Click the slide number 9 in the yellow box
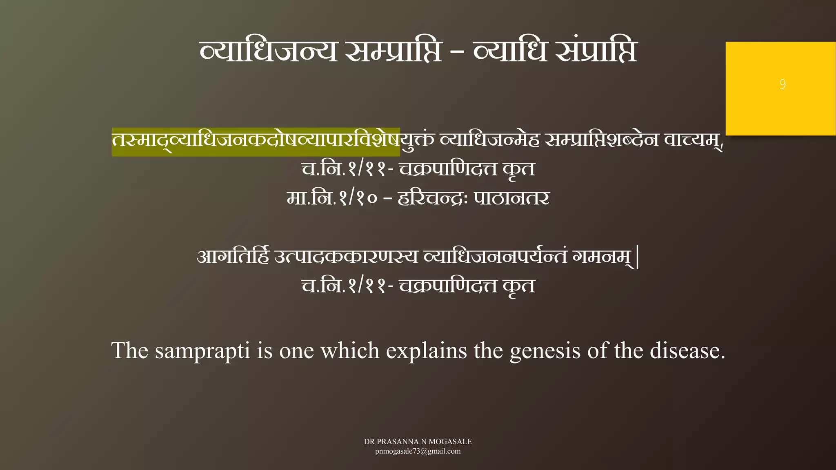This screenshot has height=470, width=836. coord(782,84)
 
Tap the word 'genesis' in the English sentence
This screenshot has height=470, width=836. coord(545,350)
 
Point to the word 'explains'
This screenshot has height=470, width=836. coord(426,350)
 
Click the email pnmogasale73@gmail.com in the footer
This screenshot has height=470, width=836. coord(418,451)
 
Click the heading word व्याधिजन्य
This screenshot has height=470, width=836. coord(268,52)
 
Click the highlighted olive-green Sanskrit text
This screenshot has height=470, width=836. coord(256,141)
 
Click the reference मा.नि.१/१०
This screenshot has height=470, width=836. coord(331,199)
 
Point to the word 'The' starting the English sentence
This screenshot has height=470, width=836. coord(130,350)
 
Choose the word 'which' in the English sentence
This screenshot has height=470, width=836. coord(350,350)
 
